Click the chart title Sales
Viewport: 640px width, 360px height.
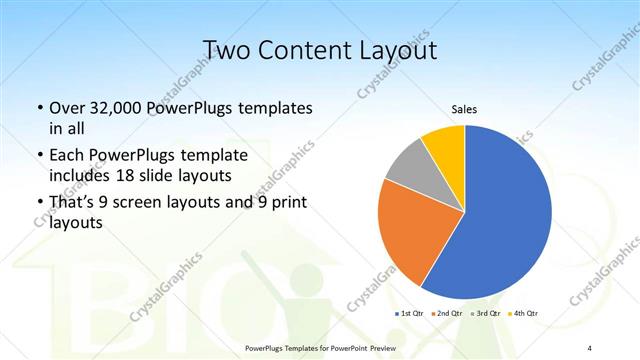(x=464, y=108)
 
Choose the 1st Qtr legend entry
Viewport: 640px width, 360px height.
(x=412, y=314)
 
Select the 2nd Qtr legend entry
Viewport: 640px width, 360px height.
(x=448, y=314)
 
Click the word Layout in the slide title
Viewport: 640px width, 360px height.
(x=400, y=51)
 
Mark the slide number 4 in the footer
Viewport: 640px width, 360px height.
(x=590, y=347)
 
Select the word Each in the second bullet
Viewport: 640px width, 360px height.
(x=67, y=156)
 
